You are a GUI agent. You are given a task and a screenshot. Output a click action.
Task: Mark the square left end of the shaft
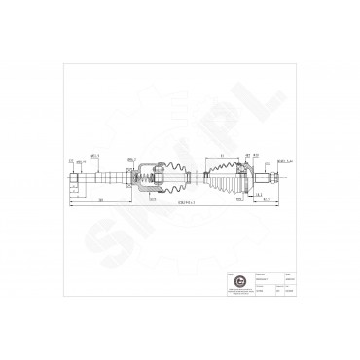pyautogui.click(x=74, y=179)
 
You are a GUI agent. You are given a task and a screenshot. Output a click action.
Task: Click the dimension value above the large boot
pyautogui.click(x=221, y=156)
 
